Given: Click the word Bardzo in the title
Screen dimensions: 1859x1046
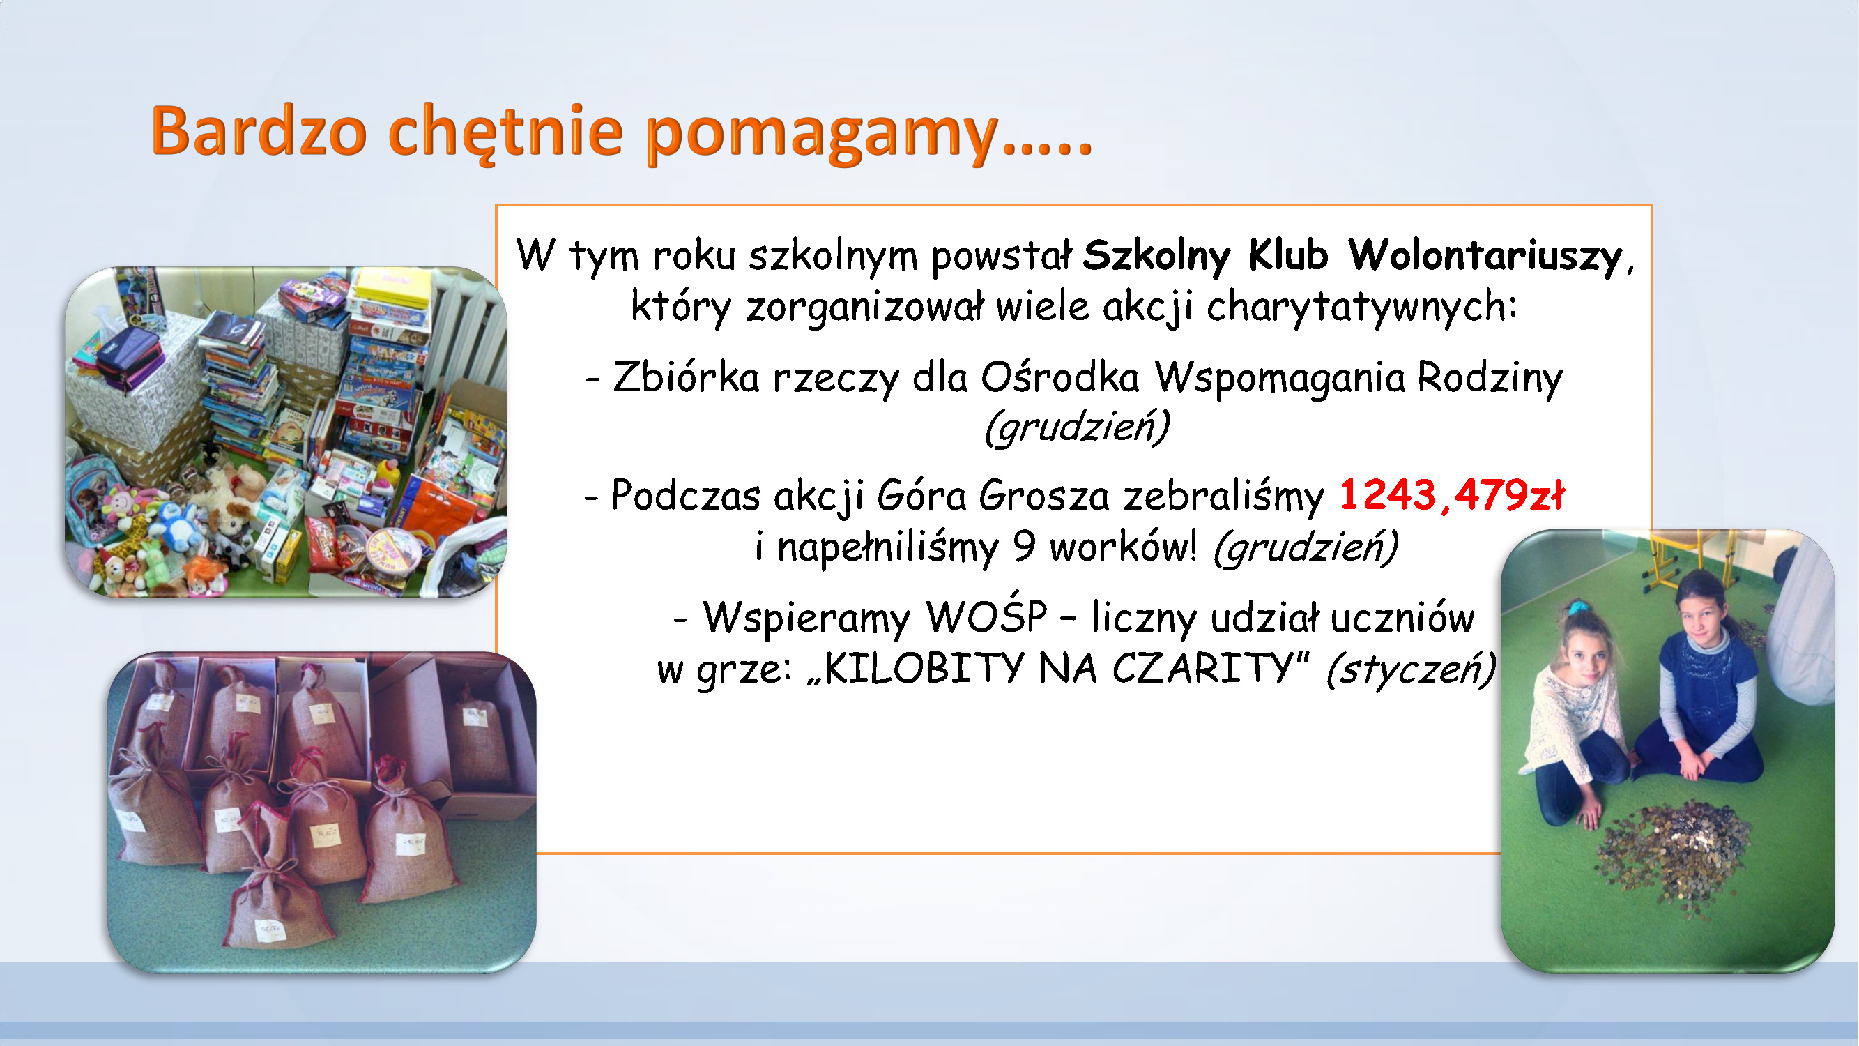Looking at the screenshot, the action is tap(259, 131).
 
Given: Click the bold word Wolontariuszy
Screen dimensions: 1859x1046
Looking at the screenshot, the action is tap(1485, 256).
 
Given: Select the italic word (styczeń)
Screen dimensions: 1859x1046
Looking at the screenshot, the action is tap(1411, 669).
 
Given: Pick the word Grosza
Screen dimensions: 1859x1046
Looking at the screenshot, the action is tap(1044, 496).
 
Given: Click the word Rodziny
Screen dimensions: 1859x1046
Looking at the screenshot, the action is tap(1490, 377).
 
